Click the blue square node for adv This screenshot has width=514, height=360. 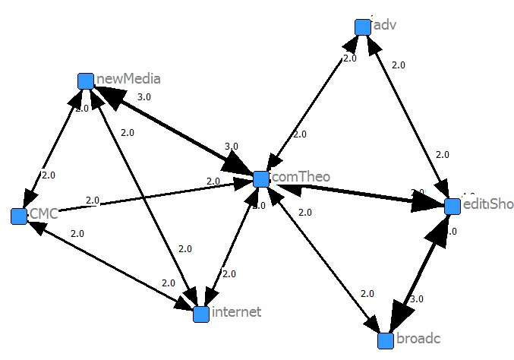pyautogui.click(x=363, y=27)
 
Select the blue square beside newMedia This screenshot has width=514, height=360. pyautogui.click(x=86, y=81)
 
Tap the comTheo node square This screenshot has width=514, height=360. pyautogui.click(x=261, y=179)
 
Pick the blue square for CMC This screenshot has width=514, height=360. pyautogui.click(x=20, y=216)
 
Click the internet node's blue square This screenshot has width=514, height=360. pyautogui.click(x=201, y=314)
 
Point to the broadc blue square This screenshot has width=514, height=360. pyautogui.click(x=386, y=340)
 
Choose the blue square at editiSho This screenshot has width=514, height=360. pyautogui.click(x=453, y=206)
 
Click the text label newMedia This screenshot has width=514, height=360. pyautogui.click(x=128, y=79)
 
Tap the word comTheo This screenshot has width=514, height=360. pyautogui.click(x=301, y=178)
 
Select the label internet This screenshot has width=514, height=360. pyautogui.click(x=237, y=312)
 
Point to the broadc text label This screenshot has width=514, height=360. pyautogui.click(x=418, y=339)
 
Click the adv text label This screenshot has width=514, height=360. pyautogui.click(x=385, y=25)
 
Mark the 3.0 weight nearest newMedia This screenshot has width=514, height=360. pyautogui.click(x=143, y=97)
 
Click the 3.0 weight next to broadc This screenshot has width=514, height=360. pyautogui.click(x=417, y=299)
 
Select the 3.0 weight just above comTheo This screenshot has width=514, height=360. pyautogui.click(x=232, y=146)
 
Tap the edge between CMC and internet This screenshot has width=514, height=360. pyautogui.click(x=106, y=263)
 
